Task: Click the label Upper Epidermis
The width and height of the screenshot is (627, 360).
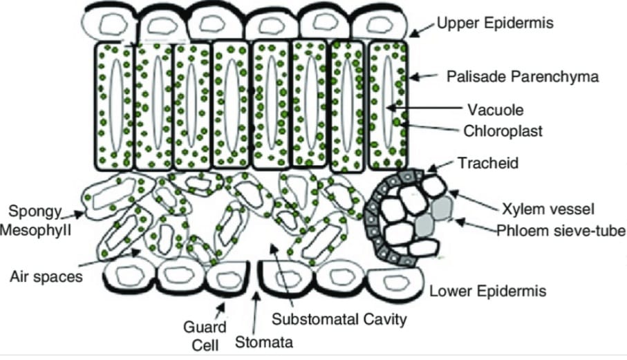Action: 495,23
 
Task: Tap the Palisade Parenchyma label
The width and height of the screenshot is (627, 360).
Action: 523,76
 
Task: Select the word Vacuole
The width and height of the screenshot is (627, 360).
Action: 496,110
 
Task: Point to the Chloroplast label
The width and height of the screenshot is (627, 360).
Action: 503,131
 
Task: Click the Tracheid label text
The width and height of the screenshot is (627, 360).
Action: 488,163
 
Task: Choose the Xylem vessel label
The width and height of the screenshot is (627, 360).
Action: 548,209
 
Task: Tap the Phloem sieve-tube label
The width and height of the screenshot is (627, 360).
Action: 561,231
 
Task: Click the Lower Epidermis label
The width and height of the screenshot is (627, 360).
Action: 488,291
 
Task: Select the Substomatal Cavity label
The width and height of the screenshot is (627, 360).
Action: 339,319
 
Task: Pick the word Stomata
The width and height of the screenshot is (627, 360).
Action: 264,343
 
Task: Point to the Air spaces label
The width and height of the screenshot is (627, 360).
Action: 46,276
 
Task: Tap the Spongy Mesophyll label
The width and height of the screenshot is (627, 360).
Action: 35,220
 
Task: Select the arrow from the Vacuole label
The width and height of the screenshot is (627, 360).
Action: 424,108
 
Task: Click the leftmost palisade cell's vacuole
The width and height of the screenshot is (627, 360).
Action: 117,105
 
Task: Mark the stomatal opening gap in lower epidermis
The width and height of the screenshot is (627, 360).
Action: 254,276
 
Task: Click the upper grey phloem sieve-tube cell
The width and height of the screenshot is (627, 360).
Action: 442,208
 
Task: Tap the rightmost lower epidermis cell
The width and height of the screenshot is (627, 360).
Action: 396,283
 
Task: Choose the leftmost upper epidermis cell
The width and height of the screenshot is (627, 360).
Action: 109,24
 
